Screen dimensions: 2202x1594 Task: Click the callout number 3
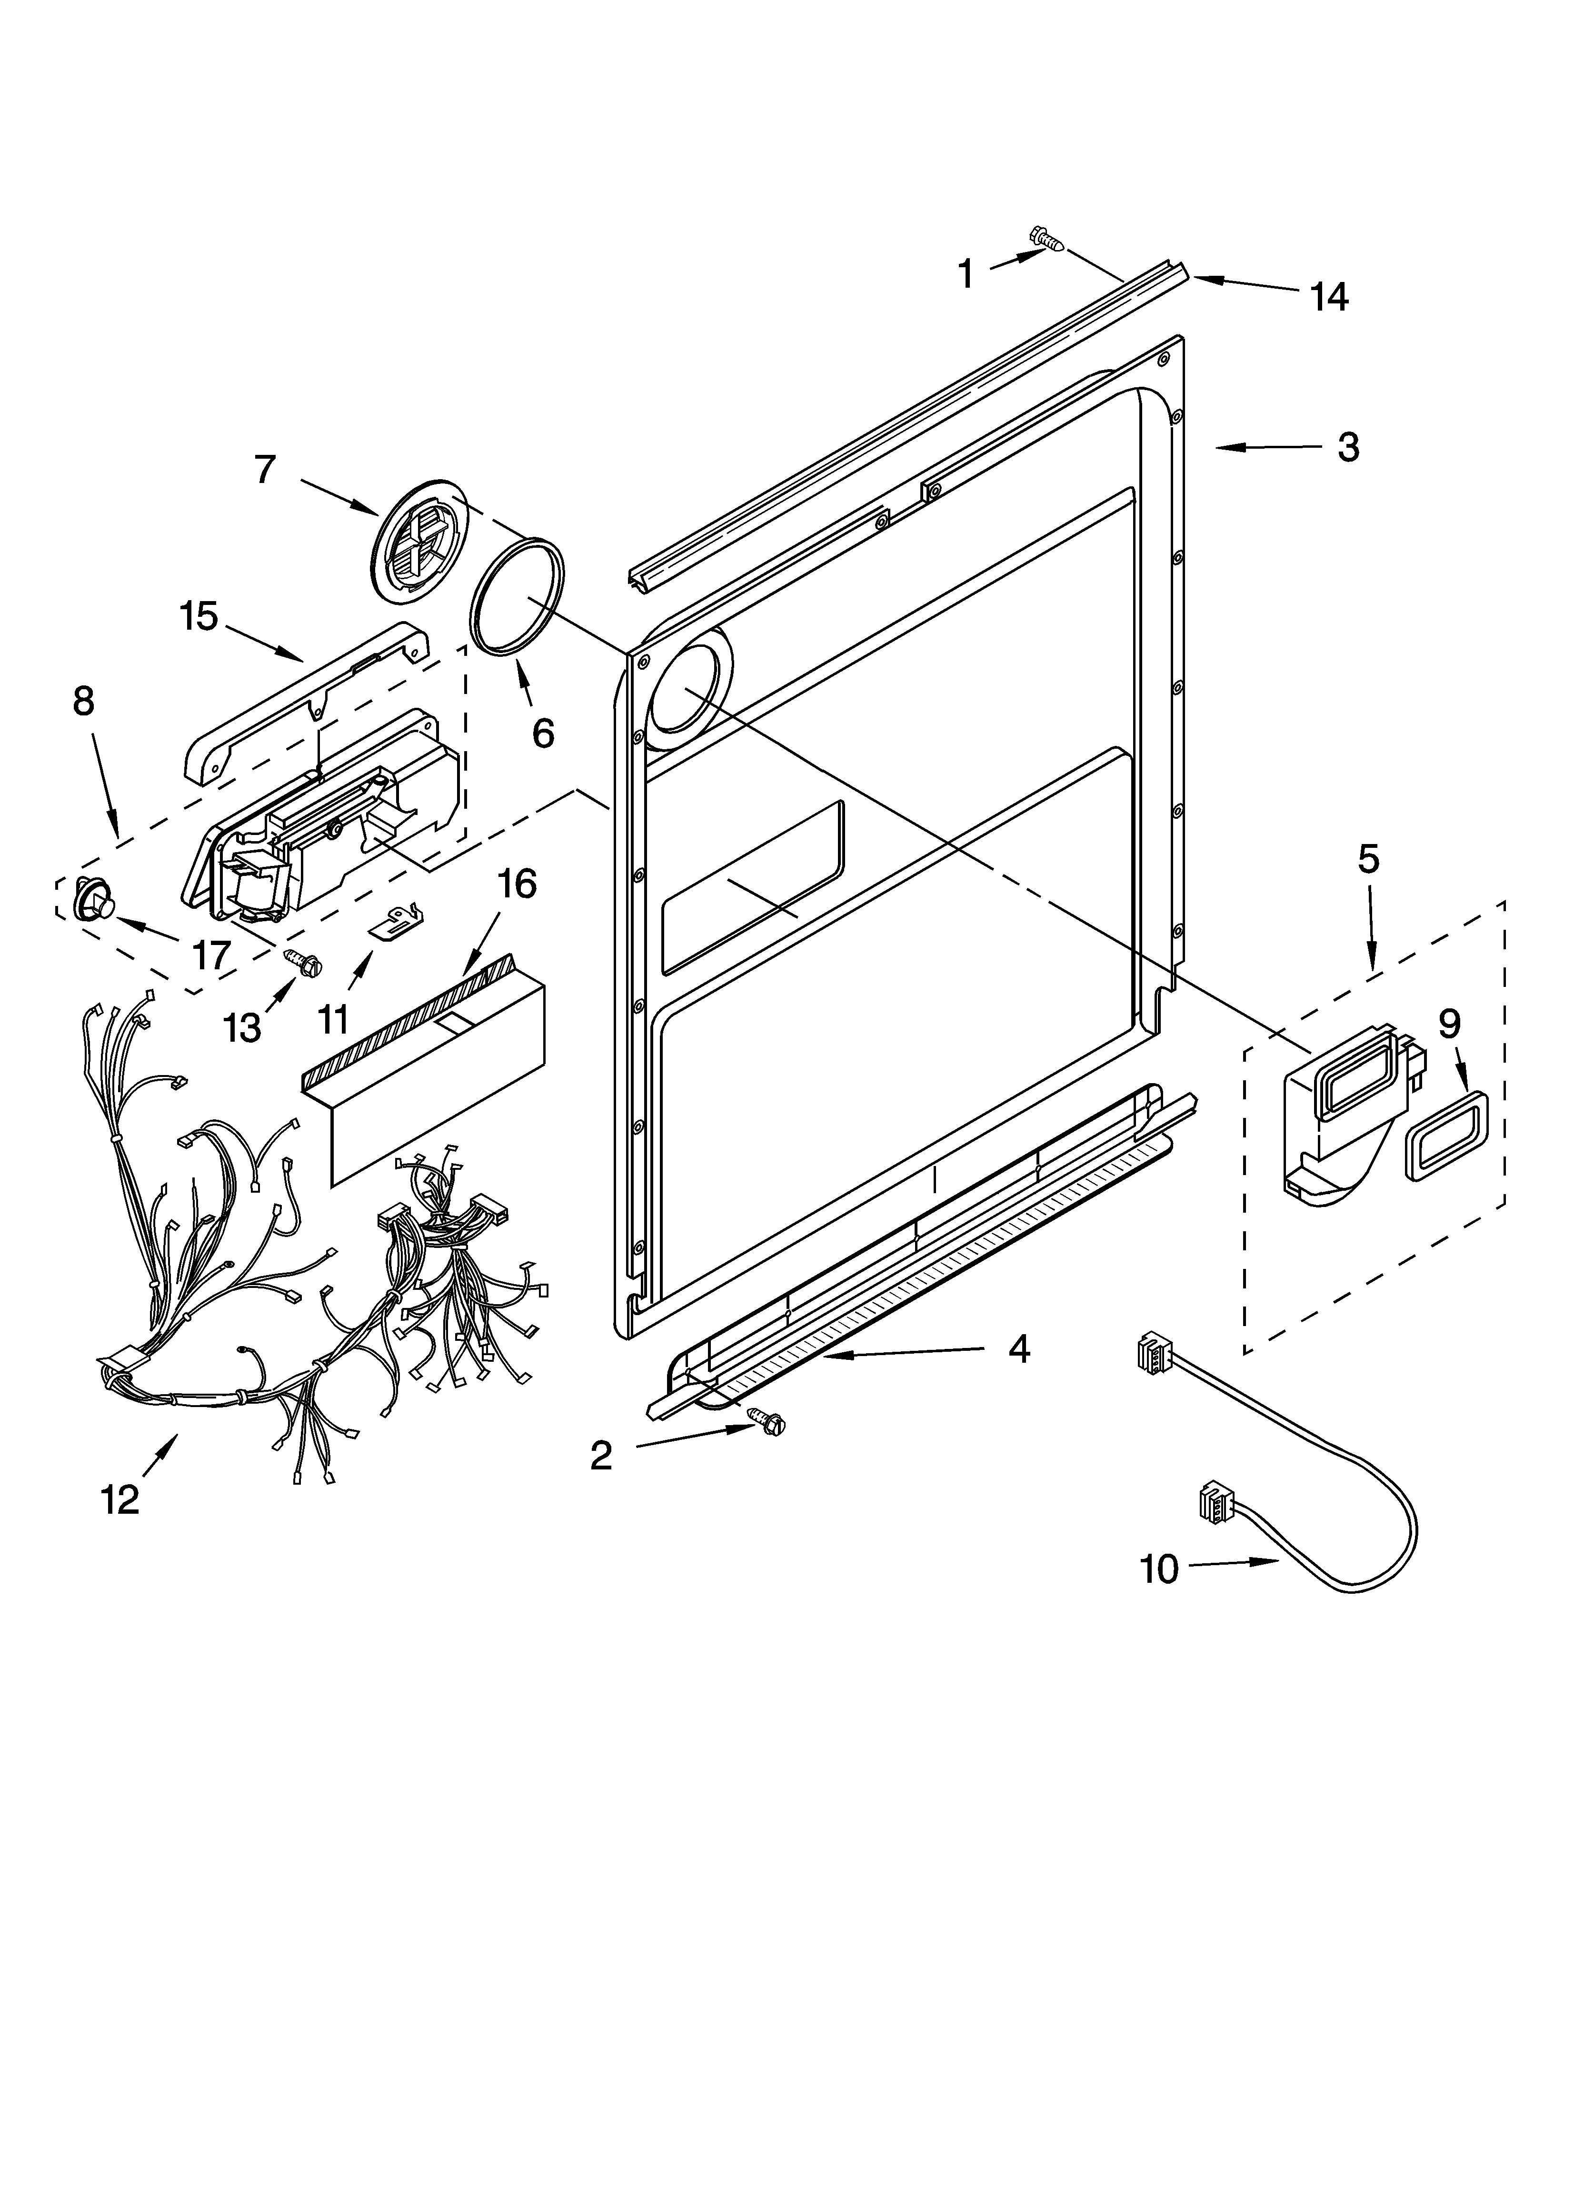(1347, 448)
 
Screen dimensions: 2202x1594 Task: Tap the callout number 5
(1368, 859)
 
